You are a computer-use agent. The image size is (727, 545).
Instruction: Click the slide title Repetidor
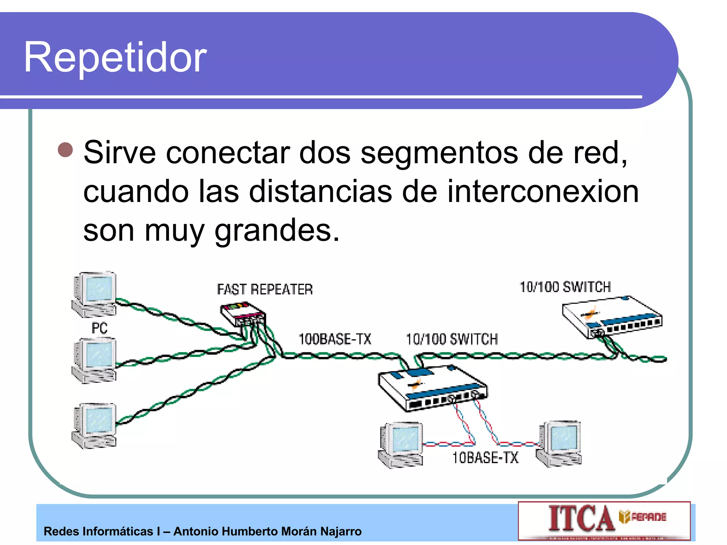(x=115, y=57)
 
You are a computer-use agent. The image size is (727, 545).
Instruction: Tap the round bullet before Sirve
(x=65, y=150)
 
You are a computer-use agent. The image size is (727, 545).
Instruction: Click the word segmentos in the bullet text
(x=439, y=153)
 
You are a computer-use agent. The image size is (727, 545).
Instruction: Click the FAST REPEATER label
(x=265, y=290)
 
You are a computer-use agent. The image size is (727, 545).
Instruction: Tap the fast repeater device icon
(x=243, y=314)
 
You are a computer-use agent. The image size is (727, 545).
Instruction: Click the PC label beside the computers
(x=99, y=328)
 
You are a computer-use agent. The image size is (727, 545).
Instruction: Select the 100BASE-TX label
(x=335, y=339)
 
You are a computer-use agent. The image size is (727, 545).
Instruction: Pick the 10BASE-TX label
(x=485, y=458)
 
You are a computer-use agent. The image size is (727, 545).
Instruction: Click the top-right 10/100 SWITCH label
(x=565, y=287)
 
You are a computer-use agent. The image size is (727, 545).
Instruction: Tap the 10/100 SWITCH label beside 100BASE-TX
(x=452, y=340)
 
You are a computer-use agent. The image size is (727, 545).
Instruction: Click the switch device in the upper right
(x=611, y=317)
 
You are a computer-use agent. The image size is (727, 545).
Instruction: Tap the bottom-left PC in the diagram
(x=94, y=425)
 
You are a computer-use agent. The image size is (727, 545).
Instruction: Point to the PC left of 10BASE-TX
(x=401, y=445)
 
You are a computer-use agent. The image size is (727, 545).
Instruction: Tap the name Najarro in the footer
(x=341, y=532)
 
